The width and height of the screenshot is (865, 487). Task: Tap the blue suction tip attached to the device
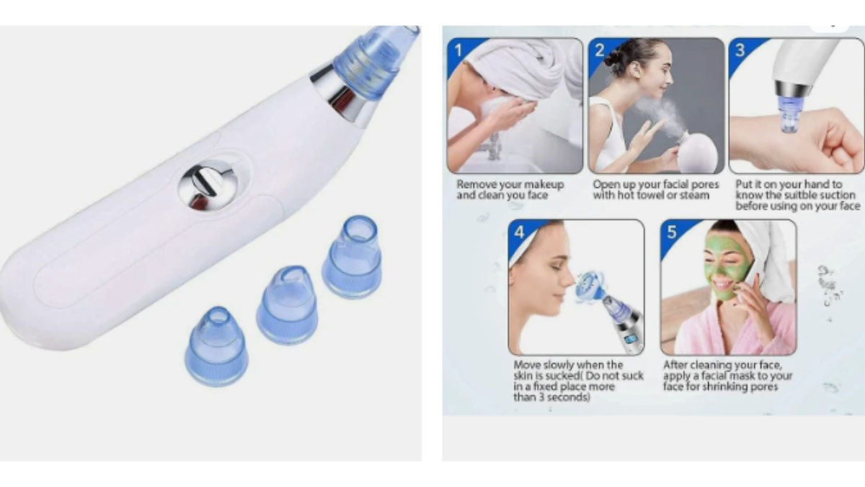click(373, 62)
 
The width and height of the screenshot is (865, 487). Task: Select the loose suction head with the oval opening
click(287, 304)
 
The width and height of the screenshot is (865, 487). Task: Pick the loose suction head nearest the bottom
click(216, 346)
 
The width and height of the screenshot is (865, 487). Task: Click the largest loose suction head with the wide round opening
click(352, 257)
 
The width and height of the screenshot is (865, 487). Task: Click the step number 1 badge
click(458, 51)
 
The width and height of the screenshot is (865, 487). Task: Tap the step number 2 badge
click(599, 51)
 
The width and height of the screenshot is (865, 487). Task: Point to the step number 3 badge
click(740, 51)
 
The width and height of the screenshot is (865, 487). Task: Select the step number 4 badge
click(520, 232)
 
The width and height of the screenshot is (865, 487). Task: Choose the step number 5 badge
click(672, 232)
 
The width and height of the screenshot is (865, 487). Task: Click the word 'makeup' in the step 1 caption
click(544, 185)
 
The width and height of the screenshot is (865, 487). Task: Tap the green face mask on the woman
click(726, 267)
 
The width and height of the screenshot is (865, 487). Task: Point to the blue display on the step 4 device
click(631, 339)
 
